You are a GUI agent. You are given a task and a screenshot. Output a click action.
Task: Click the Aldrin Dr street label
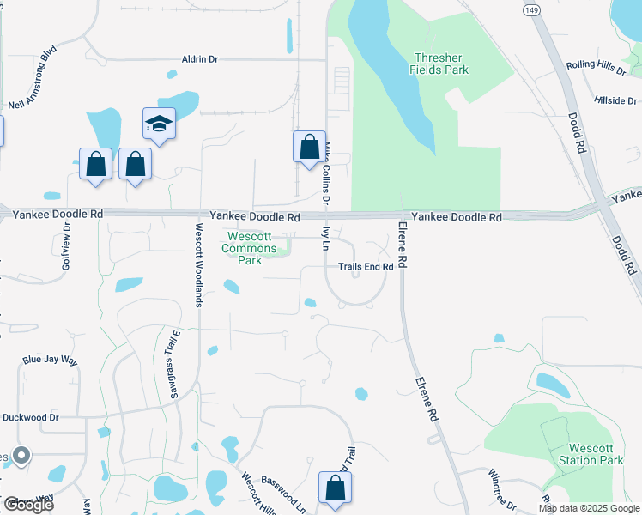pos(200,59)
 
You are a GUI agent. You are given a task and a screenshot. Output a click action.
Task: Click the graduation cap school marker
pos(159,126)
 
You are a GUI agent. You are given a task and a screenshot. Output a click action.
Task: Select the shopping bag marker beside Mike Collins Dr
pos(309,147)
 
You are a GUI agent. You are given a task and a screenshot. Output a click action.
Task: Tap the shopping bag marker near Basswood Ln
pos(335,488)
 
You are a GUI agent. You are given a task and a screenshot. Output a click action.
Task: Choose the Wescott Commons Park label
pos(250,248)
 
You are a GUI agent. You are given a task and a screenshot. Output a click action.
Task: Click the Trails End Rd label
pos(365,267)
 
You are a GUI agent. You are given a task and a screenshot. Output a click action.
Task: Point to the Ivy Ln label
pos(325,238)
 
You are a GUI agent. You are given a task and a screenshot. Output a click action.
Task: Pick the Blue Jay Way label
pos(50,360)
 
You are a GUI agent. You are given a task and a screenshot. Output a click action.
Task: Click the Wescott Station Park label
pos(596,454)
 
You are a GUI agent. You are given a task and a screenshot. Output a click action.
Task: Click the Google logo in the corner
pos(27,504)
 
